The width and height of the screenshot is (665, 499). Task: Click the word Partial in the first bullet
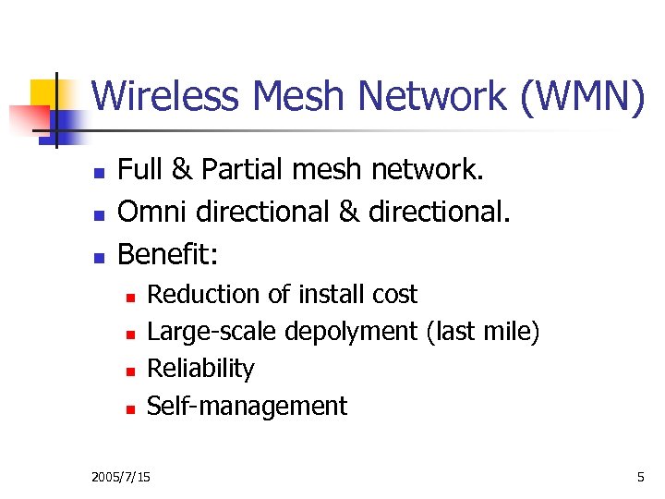[240, 171]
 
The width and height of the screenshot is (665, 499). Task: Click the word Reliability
[200, 369]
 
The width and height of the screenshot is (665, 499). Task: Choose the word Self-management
[248, 406]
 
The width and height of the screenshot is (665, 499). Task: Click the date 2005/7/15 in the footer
[122, 477]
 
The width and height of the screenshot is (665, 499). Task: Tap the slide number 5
[640, 477]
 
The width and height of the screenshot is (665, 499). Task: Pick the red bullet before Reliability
[131, 371]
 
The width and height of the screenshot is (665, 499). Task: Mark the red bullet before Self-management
[131, 408]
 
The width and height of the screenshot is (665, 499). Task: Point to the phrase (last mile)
[483, 332]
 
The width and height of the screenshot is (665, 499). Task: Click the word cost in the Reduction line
[394, 295]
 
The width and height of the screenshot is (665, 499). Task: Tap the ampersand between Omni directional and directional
[349, 212]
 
